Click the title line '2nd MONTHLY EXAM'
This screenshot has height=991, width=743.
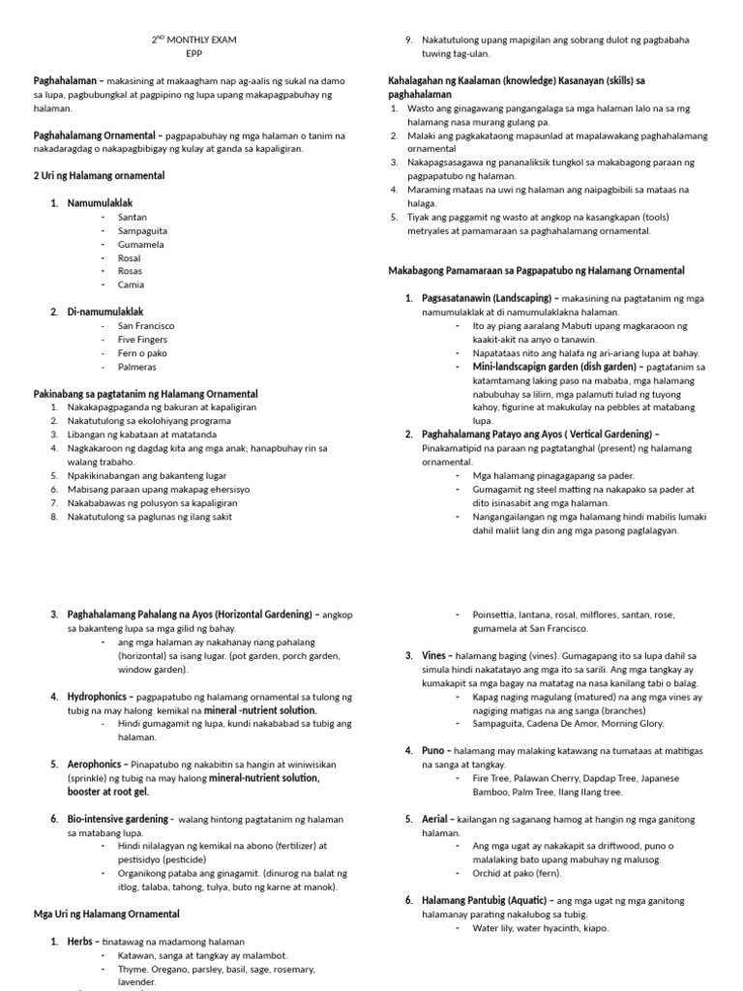[194, 40]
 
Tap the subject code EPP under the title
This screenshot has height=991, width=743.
[194, 54]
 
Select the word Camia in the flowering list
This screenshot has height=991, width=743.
[131, 285]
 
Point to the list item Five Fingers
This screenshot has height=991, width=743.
[142, 340]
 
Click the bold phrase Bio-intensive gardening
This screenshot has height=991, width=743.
[118, 819]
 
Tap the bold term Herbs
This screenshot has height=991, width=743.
[82, 941]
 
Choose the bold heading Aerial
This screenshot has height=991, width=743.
[436, 819]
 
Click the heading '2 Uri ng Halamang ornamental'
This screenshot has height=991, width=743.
[100, 176]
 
